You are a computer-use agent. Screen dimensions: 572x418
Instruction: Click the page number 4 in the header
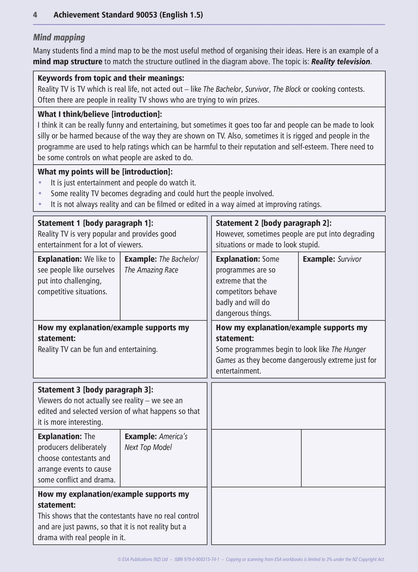pyautogui.click(x=35, y=15)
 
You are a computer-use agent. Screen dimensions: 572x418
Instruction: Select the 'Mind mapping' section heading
pyautogui.click(x=59, y=37)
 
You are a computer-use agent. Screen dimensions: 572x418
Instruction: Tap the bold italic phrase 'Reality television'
pyautogui.click(x=340, y=62)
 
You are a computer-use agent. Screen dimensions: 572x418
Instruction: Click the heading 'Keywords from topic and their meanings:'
pyautogui.click(x=111, y=78)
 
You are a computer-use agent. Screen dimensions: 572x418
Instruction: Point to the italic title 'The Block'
pyautogui.click(x=287, y=89)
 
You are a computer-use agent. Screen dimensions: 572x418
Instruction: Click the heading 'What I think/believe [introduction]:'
pyautogui.click(x=100, y=114)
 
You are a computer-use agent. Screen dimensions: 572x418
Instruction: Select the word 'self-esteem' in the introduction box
pyautogui.click(x=310, y=147)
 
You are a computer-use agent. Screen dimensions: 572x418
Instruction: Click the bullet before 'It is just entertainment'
pyautogui.click(x=40, y=183)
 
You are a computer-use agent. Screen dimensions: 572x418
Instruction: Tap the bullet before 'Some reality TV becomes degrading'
pyautogui.click(x=40, y=193)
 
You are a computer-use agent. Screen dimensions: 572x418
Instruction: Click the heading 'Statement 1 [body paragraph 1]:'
pyautogui.click(x=95, y=223)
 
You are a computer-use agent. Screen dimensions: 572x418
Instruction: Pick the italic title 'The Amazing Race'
pyautogui.click(x=151, y=270)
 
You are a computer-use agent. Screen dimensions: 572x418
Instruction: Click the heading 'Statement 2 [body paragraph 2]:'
pyautogui.click(x=274, y=223)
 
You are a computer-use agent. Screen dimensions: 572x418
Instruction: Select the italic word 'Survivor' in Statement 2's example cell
pyautogui.click(x=349, y=259)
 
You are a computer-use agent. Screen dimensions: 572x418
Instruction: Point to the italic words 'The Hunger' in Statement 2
pyautogui.click(x=349, y=350)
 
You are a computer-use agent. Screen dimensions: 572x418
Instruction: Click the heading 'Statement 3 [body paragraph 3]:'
pyautogui.click(x=95, y=390)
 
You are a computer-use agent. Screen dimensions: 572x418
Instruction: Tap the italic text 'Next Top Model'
pyautogui.click(x=148, y=447)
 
